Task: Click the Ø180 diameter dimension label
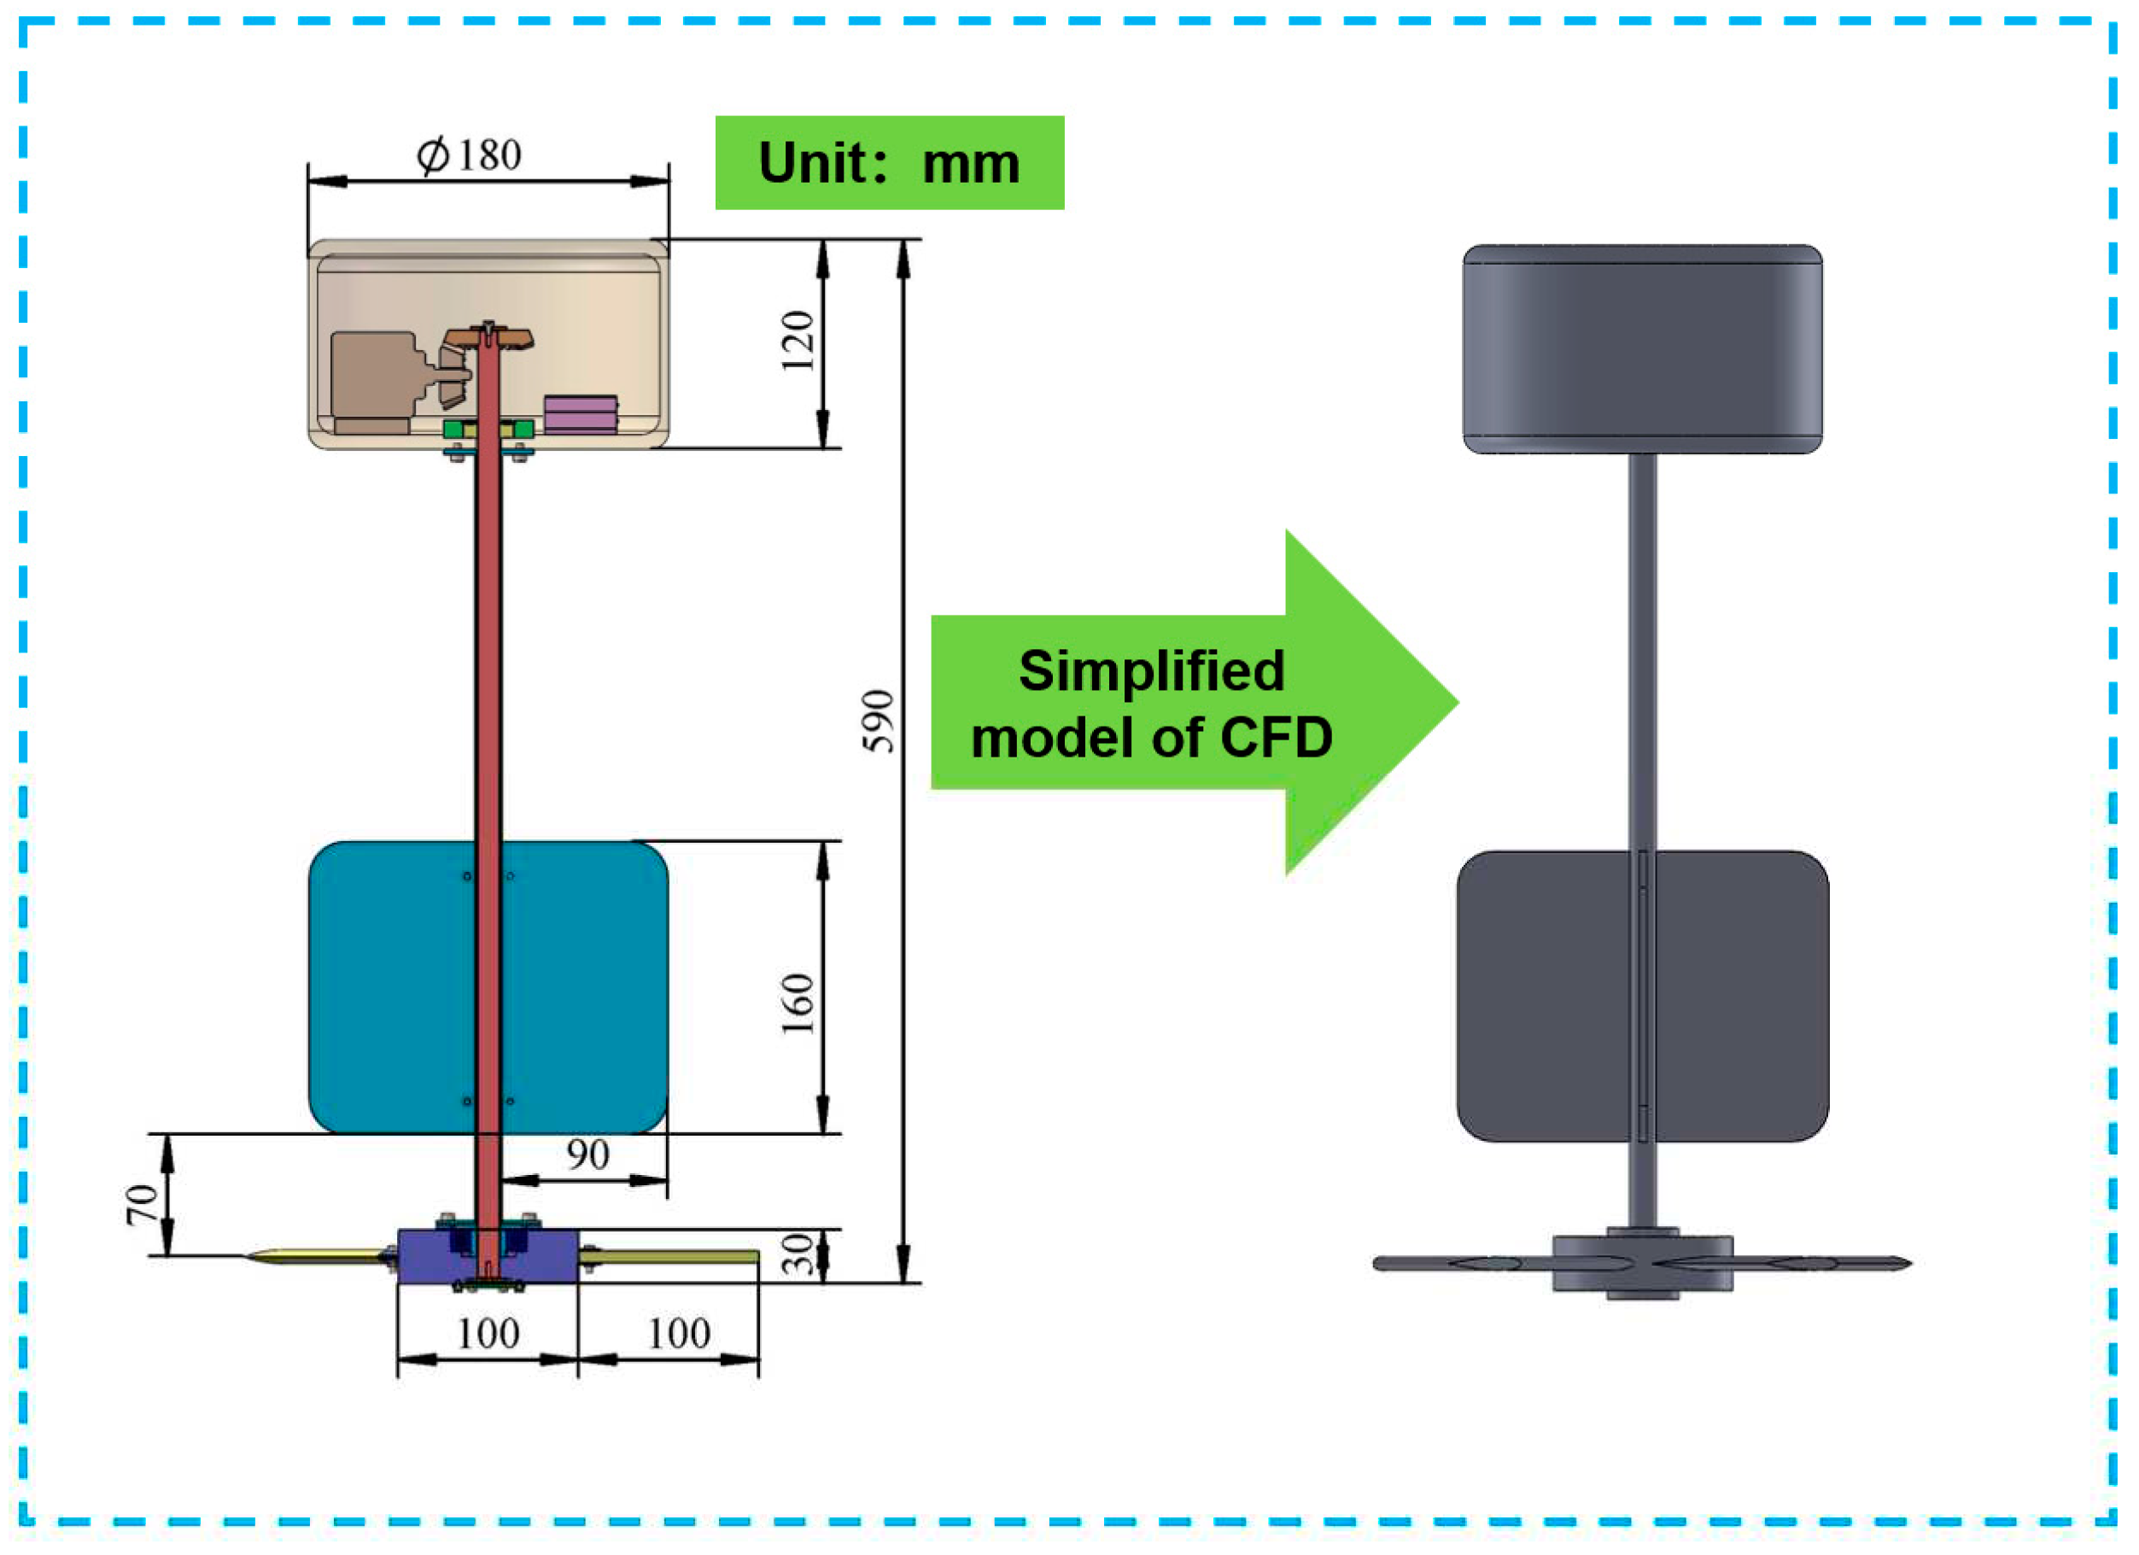coord(469,155)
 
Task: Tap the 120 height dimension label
coord(798,342)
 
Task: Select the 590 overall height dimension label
coord(878,722)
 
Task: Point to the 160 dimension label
coord(798,1004)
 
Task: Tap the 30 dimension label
coord(798,1254)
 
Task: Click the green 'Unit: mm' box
coord(890,163)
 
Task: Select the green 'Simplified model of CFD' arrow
coord(1179,703)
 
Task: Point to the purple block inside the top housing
coord(581,414)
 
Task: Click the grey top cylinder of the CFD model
coord(1642,349)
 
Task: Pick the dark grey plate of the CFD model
coord(1546,996)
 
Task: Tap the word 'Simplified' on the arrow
coord(1152,671)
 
